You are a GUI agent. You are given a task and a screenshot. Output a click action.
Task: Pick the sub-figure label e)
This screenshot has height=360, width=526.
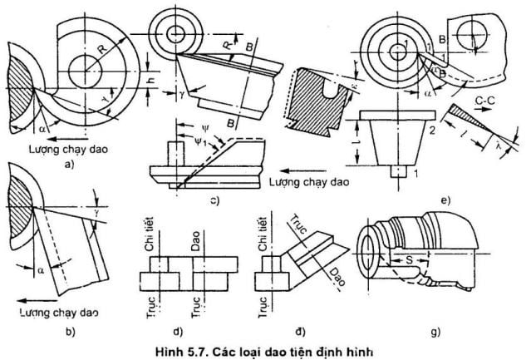446,200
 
